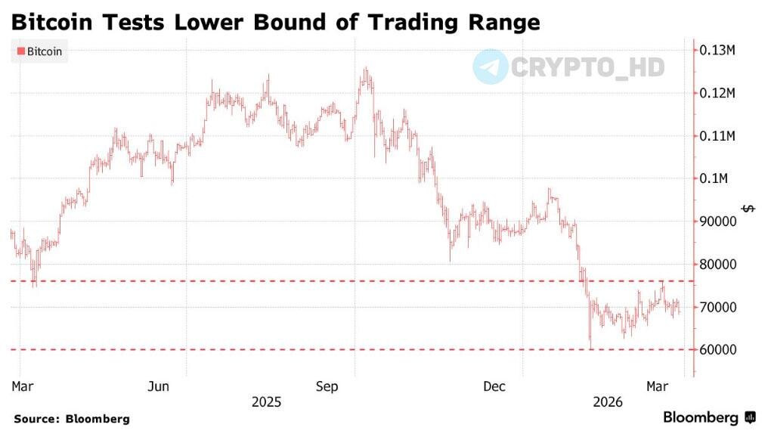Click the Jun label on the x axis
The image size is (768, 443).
click(157, 387)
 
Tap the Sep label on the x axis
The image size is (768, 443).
click(327, 387)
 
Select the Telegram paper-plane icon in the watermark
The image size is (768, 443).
click(490, 67)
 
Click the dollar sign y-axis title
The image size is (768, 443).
click(748, 208)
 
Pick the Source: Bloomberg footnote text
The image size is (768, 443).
click(72, 419)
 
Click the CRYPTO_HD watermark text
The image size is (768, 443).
click(587, 67)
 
